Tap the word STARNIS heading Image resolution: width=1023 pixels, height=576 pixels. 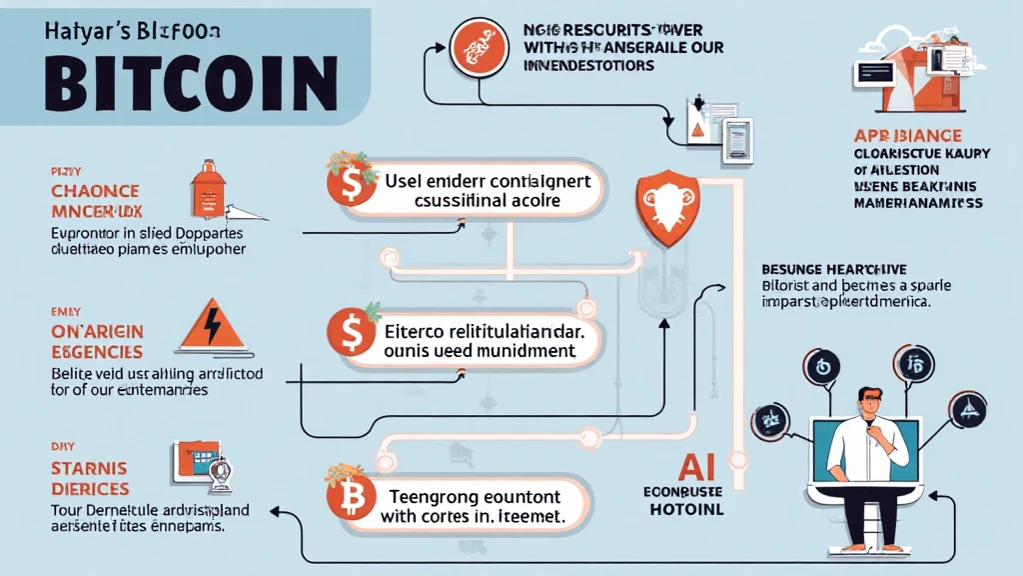tap(89, 467)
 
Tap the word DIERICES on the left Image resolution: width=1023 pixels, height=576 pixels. tap(89, 489)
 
